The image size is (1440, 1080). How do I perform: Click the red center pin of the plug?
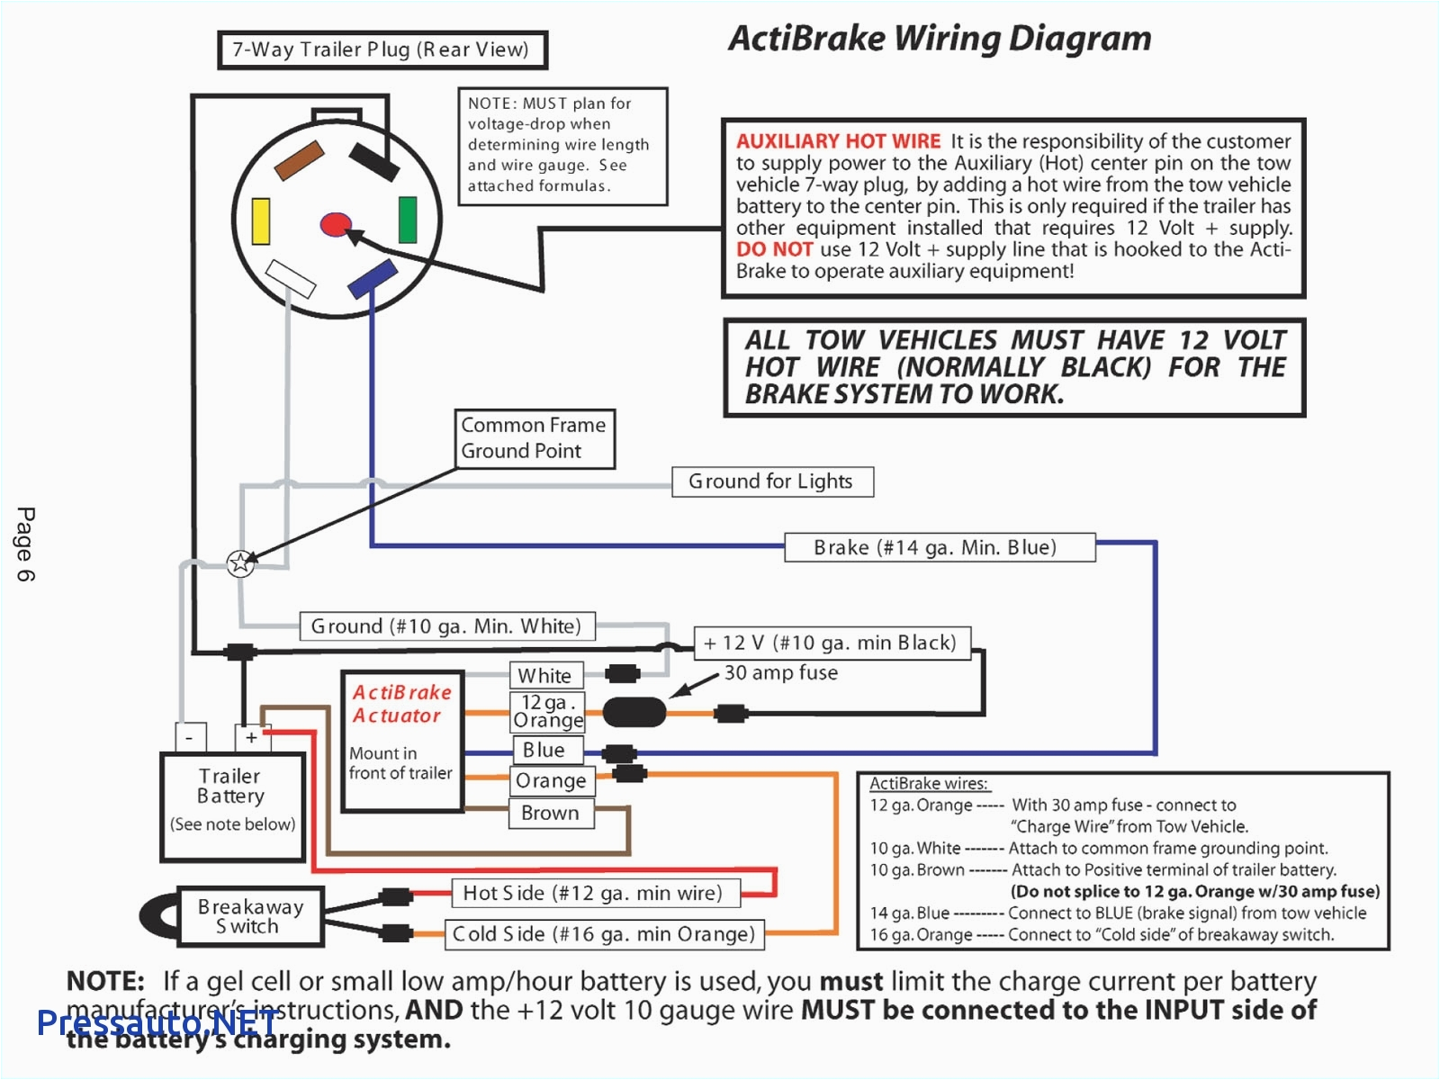tap(336, 224)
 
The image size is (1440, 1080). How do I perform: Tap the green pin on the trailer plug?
tap(408, 220)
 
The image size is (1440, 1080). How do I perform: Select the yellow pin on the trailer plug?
tap(261, 221)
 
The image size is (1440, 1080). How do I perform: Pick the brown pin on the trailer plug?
tap(299, 160)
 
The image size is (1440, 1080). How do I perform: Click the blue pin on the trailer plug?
tap(373, 278)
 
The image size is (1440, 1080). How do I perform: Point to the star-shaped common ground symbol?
tap(240, 563)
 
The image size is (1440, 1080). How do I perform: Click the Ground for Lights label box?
tap(772, 481)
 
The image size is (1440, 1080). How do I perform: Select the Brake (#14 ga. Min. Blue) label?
tap(939, 547)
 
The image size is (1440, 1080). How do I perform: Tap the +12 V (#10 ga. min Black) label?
tap(831, 643)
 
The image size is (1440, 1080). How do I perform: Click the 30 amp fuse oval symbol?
tap(634, 713)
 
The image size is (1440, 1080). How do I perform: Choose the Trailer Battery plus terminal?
tap(251, 737)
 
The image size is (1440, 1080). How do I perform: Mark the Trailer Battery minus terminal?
tap(190, 737)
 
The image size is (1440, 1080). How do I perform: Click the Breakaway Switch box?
tap(250, 916)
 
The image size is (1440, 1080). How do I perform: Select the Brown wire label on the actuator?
tap(551, 813)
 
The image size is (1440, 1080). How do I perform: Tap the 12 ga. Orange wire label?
tap(547, 711)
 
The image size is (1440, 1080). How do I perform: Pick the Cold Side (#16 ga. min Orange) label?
tap(604, 934)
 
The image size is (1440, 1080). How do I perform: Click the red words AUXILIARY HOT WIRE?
tap(838, 141)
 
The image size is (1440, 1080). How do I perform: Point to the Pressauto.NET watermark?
tap(157, 1022)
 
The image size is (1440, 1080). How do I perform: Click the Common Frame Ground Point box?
tap(535, 437)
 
